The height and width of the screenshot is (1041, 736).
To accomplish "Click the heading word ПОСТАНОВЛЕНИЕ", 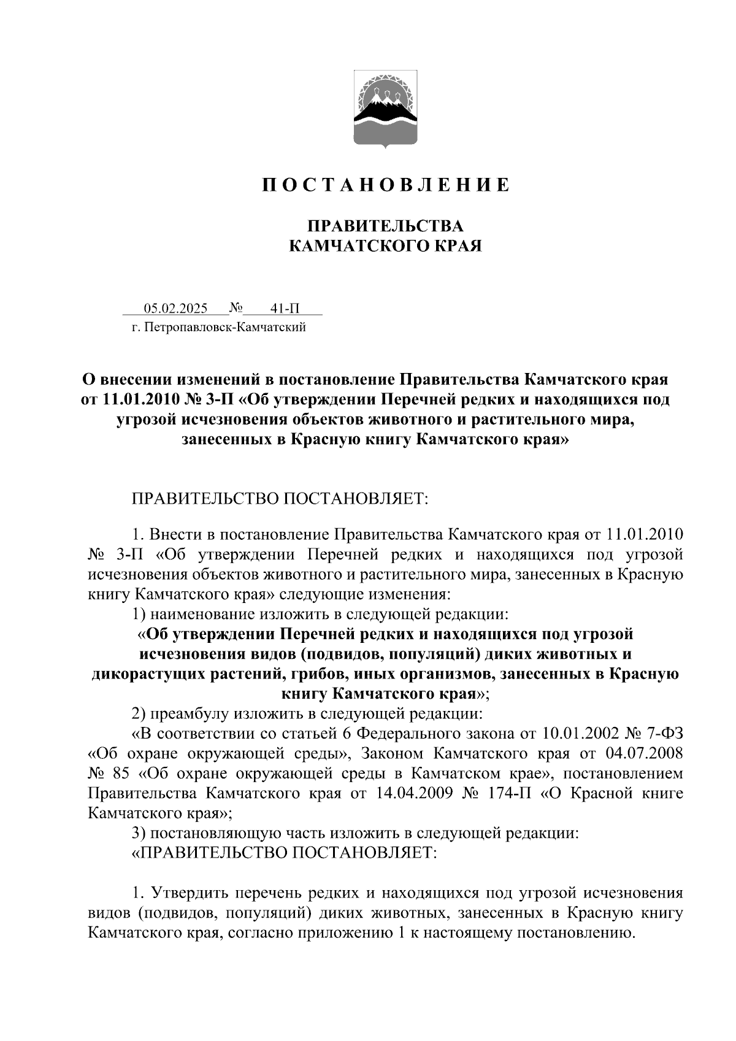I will pyautogui.click(x=386, y=185).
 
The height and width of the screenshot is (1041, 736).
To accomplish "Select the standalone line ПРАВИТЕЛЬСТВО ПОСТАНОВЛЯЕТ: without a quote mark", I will pyautogui.click(x=280, y=497).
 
